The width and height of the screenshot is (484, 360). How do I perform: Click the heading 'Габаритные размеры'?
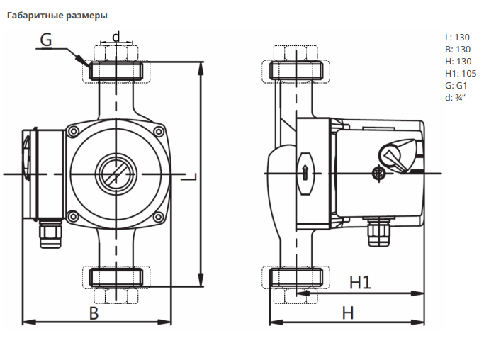tap(57, 16)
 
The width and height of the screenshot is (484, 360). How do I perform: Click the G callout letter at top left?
tap(45, 40)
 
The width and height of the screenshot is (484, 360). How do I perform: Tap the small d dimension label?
tap(116, 36)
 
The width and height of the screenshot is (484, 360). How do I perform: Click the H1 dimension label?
tap(361, 282)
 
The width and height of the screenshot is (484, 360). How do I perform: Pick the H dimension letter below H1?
tap(347, 312)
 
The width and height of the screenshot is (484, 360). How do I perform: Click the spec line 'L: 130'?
tap(457, 37)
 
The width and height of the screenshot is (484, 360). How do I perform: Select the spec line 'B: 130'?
tap(457, 49)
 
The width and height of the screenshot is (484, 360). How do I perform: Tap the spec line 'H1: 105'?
tap(461, 73)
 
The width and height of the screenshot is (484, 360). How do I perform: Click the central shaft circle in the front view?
tap(116, 172)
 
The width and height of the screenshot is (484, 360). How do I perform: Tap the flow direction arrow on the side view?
tap(304, 171)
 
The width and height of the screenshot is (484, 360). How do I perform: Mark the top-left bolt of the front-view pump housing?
tap(73, 130)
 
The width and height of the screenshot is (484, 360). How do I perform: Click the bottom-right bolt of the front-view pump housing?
tap(159, 216)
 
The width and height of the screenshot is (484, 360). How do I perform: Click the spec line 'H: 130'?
tap(457, 61)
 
